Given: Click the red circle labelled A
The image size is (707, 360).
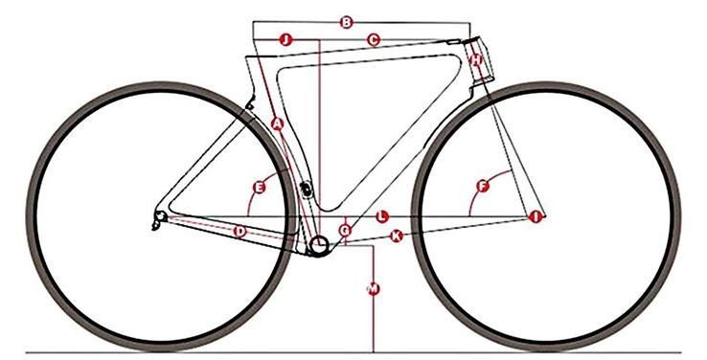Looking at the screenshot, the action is (277, 124).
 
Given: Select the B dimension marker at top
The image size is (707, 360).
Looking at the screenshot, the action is (348, 21).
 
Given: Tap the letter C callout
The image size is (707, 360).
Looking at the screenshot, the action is (374, 39).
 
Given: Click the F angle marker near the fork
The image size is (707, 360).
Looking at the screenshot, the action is (484, 186).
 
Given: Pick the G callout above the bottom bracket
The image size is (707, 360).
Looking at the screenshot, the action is (346, 231).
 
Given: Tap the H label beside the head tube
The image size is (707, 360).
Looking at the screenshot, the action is (476, 60).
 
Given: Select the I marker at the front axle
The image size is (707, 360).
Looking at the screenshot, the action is (536, 218).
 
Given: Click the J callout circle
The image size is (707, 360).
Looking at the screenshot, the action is (285, 39).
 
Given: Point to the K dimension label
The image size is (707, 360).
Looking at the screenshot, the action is (397, 235).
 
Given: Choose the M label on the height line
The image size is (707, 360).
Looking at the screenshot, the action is (373, 288).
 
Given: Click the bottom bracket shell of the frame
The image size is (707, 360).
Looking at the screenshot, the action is (319, 248).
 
